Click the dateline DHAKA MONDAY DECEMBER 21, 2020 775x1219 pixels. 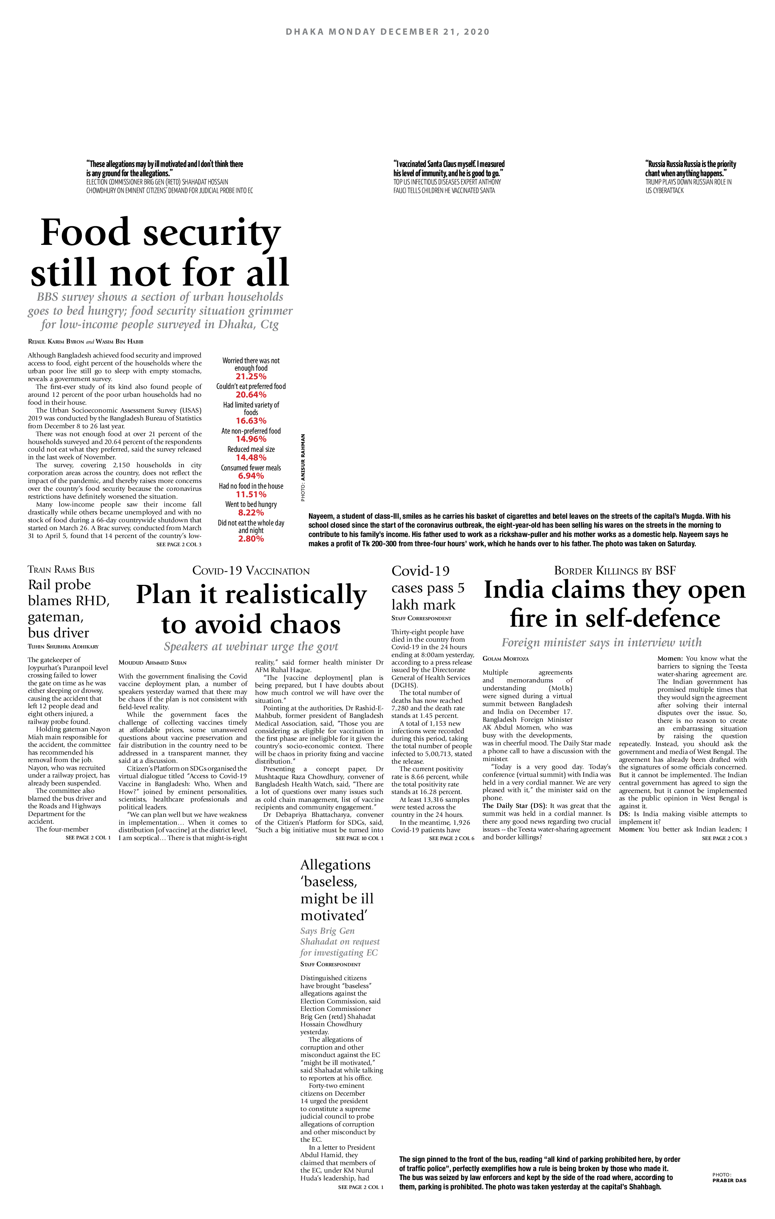coord(387,32)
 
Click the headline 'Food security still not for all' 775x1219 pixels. coord(160,252)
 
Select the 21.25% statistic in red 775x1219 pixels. coord(251,377)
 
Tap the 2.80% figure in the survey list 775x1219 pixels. coord(251,539)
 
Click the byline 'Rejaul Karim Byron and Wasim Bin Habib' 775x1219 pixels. coord(85,342)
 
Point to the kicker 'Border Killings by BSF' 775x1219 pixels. coord(615,571)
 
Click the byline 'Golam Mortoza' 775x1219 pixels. coord(505,658)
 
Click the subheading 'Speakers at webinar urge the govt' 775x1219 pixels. coord(251,646)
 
